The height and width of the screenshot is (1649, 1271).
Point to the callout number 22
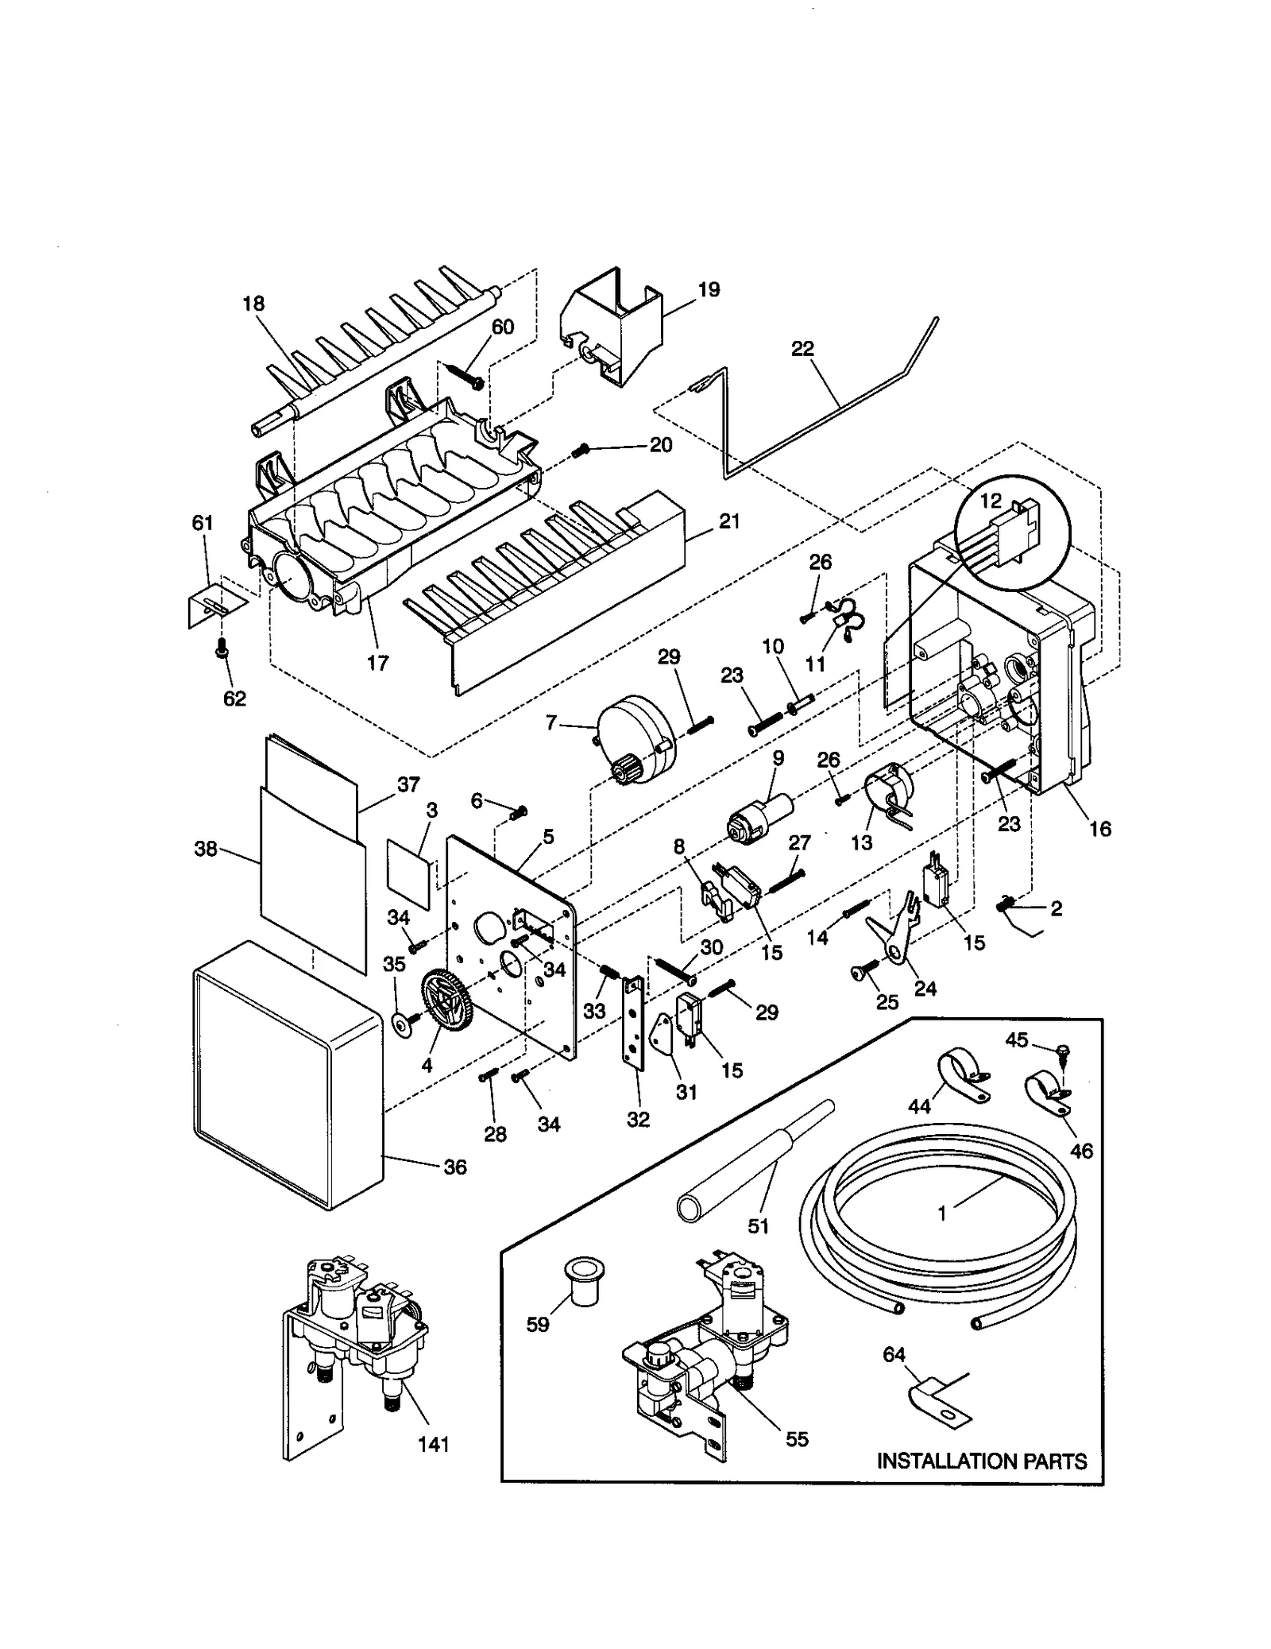pyautogui.click(x=802, y=348)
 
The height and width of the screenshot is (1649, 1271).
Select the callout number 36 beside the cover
pyautogui.click(x=454, y=1167)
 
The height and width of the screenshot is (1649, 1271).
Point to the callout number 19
pyautogui.click(x=709, y=289)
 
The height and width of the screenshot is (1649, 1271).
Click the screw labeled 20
pyautogui.click(x=580, y=451)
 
